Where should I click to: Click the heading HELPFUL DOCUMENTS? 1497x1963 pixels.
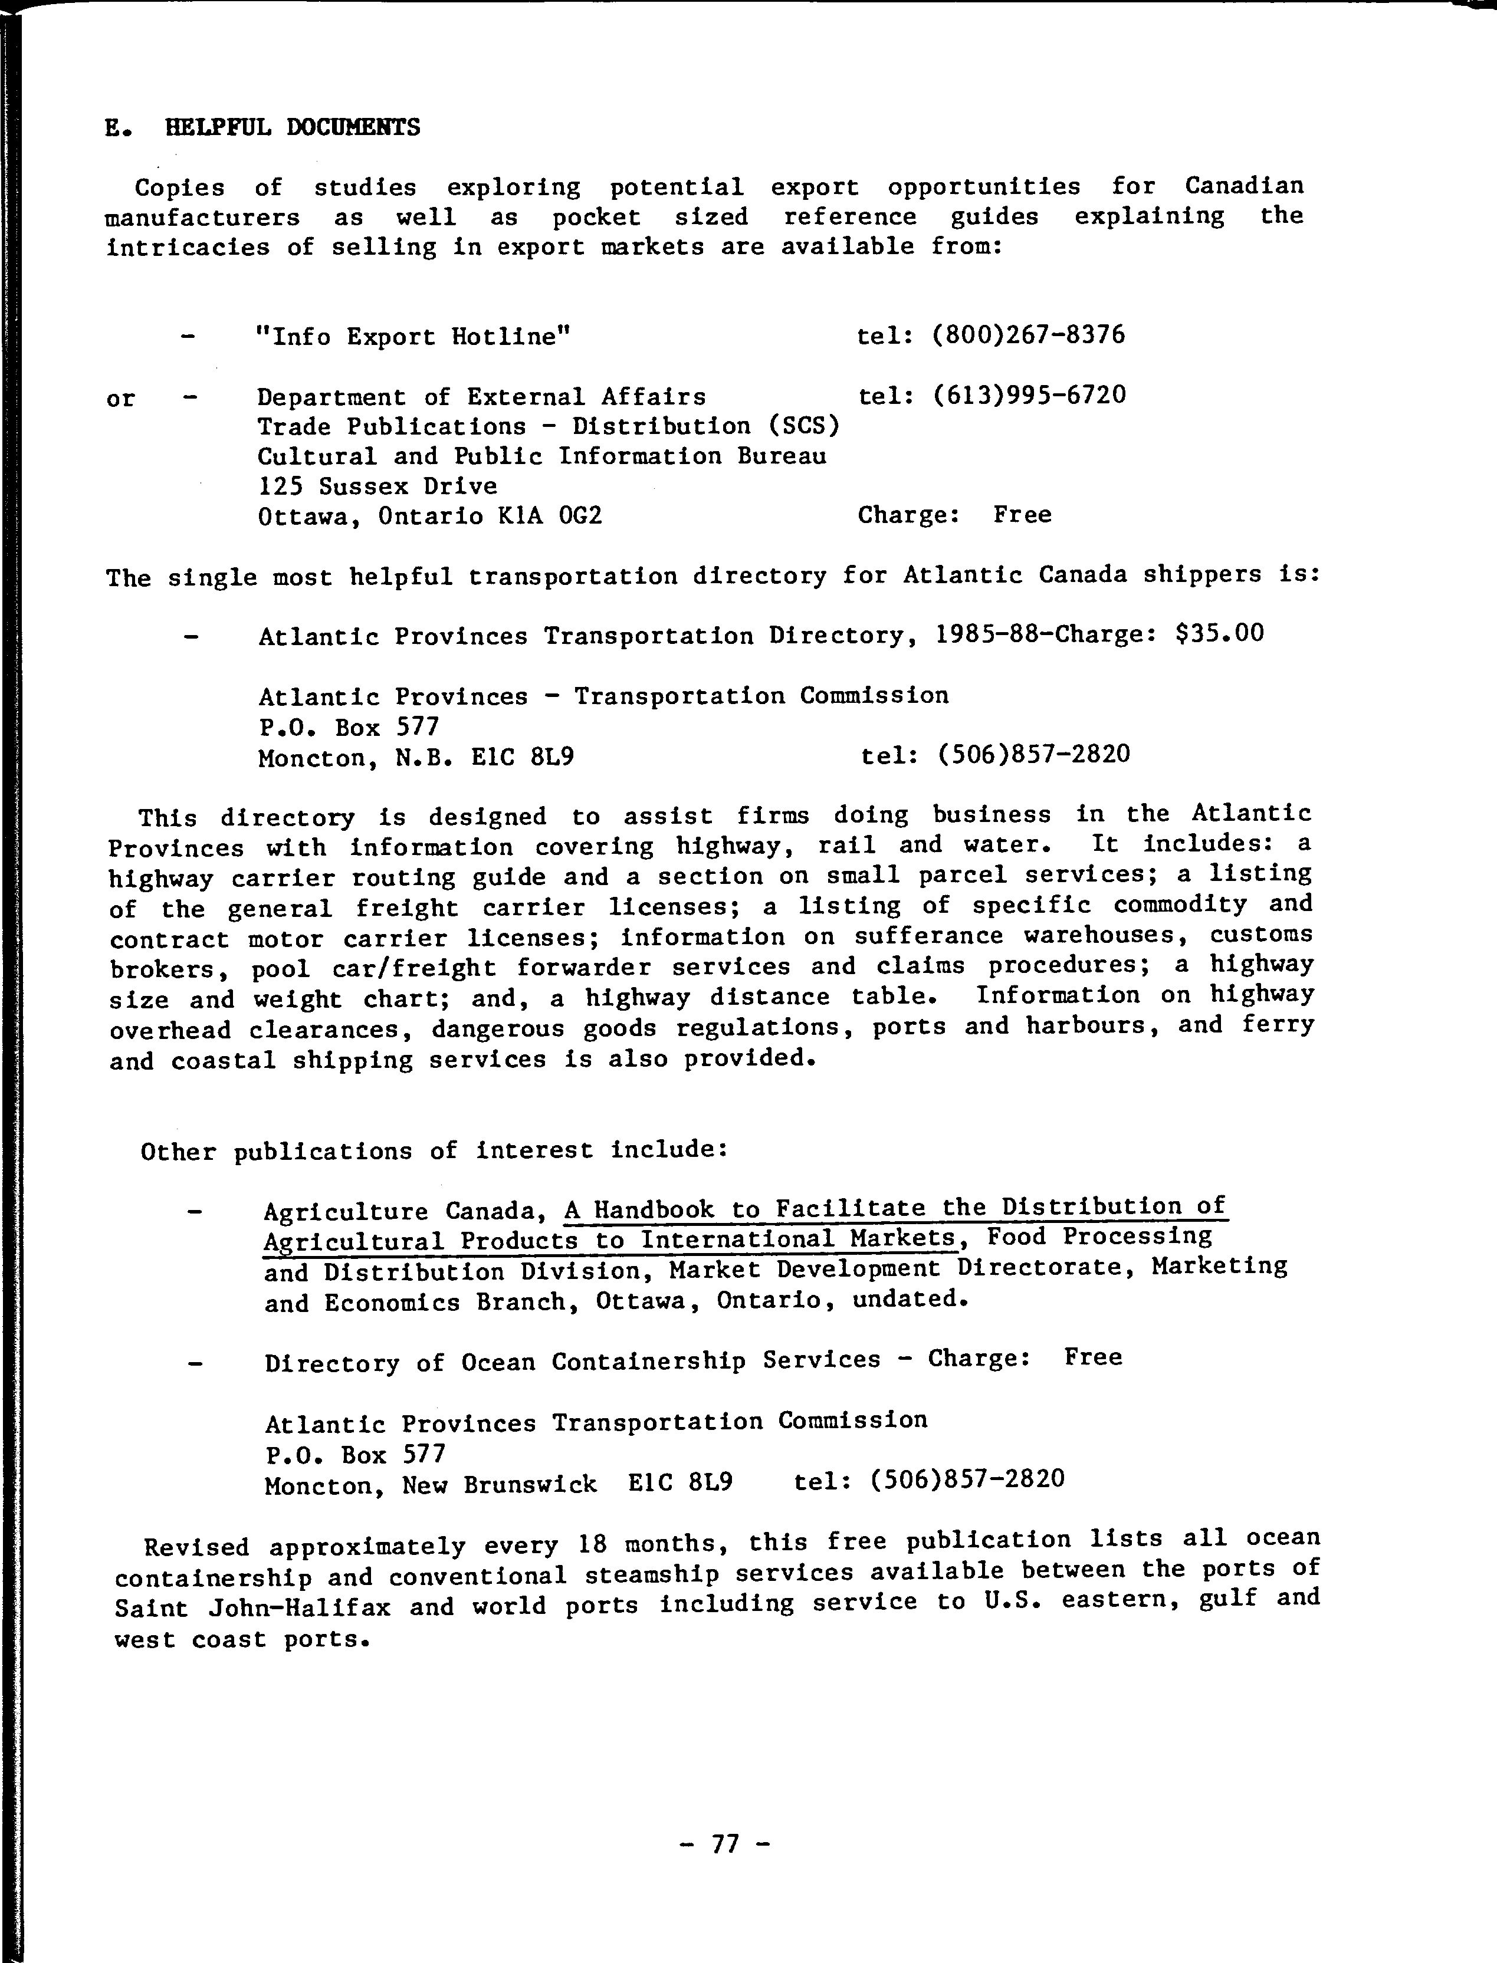click(x=293, y=127)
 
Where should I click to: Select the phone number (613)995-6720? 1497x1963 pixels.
click(x=1029, y=394)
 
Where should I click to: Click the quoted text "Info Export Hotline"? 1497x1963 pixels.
click(x=412, y=337)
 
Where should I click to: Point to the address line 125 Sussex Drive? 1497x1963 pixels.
click(x=378, y=486)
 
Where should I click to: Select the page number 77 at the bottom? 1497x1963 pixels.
click(x=725, y=1843)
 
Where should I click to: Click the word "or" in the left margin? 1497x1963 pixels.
click(x=120, y=399)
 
